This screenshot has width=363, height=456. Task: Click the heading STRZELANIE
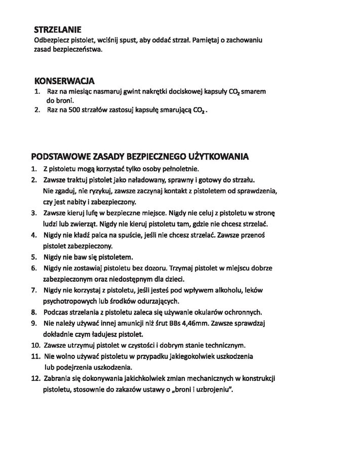(58, 30)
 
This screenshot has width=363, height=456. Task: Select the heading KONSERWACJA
(64, 81)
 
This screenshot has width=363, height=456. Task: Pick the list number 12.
(35, 378)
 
